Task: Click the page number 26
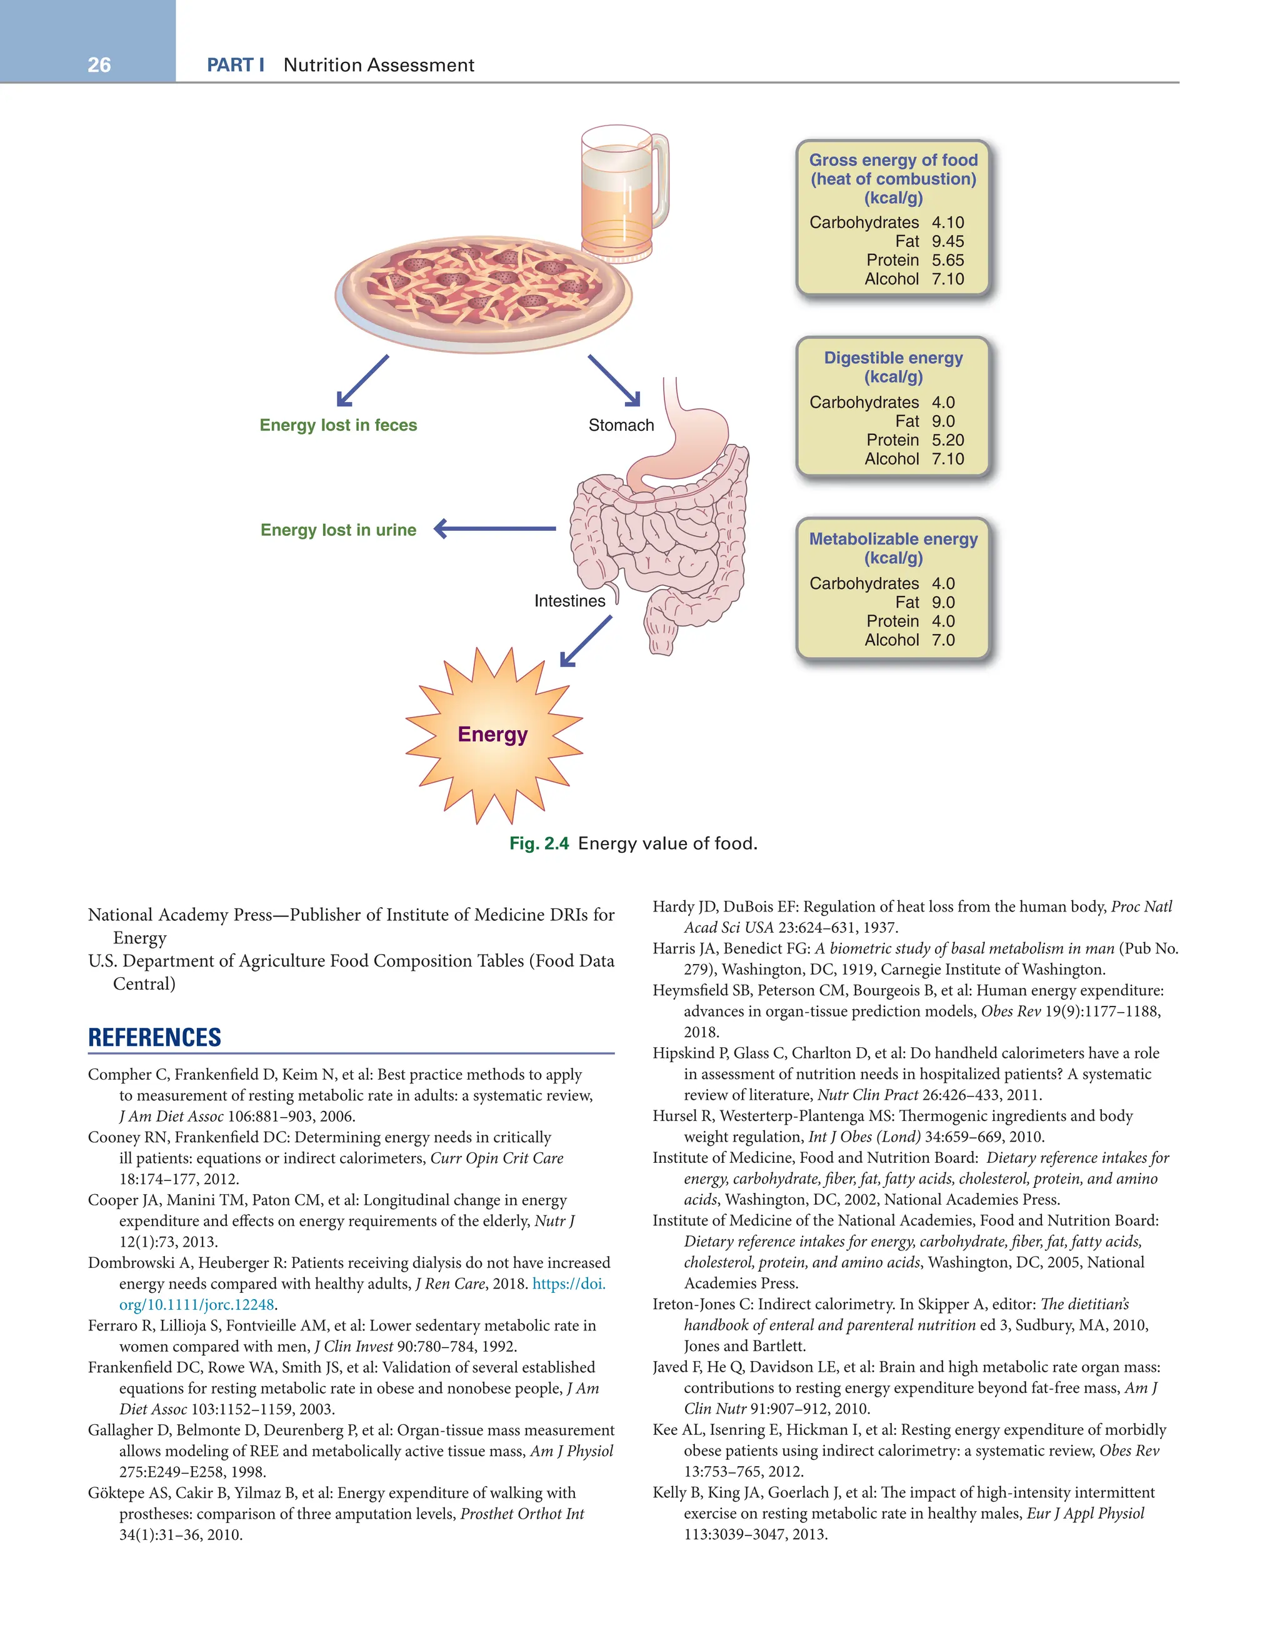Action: (x=99, y=65)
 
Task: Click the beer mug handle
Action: (x=660, y=180)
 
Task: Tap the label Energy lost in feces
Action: (x=338, y=425)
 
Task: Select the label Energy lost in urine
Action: (x=338, y=530)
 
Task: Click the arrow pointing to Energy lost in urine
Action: (x=495, y=529)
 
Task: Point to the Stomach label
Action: (x=621, y=425)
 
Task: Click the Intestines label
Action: (x=569, y=601)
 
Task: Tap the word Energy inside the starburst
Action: (x=492, y=734)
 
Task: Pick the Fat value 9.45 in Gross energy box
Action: (x=948, y=241)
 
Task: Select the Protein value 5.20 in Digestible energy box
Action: (x=948, y=440)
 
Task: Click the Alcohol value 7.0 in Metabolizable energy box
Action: (x=943, y=640)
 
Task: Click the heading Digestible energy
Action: (x=893, y=358)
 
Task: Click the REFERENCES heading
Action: (x=154, y=1037)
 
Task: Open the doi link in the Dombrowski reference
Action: (x=568, y=1284)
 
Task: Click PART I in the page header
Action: (x=236, y=65)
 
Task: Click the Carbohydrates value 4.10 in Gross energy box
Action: (x=948, y=223)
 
